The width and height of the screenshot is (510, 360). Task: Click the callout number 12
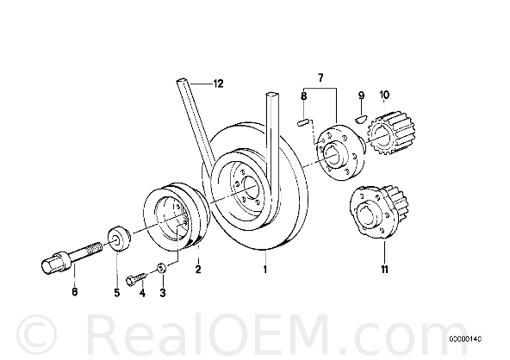218,84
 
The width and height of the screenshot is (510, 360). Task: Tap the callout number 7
320,78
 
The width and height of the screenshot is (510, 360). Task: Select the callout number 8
304,96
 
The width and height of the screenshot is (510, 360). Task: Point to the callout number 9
361,96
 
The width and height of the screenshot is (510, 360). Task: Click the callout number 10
384,95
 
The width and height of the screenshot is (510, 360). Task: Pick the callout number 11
385,270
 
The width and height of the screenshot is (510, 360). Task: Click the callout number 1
265,270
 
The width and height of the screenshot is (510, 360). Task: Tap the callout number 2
198,270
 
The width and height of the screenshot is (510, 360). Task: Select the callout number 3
163,293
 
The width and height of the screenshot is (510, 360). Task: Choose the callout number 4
142,293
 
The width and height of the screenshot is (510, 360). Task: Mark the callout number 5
117,293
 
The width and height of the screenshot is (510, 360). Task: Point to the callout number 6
75,292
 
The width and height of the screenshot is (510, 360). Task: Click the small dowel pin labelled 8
303,123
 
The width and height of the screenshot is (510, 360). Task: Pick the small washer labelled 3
162,268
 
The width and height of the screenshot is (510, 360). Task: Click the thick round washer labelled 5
119,239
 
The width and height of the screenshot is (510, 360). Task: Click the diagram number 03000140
465,339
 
